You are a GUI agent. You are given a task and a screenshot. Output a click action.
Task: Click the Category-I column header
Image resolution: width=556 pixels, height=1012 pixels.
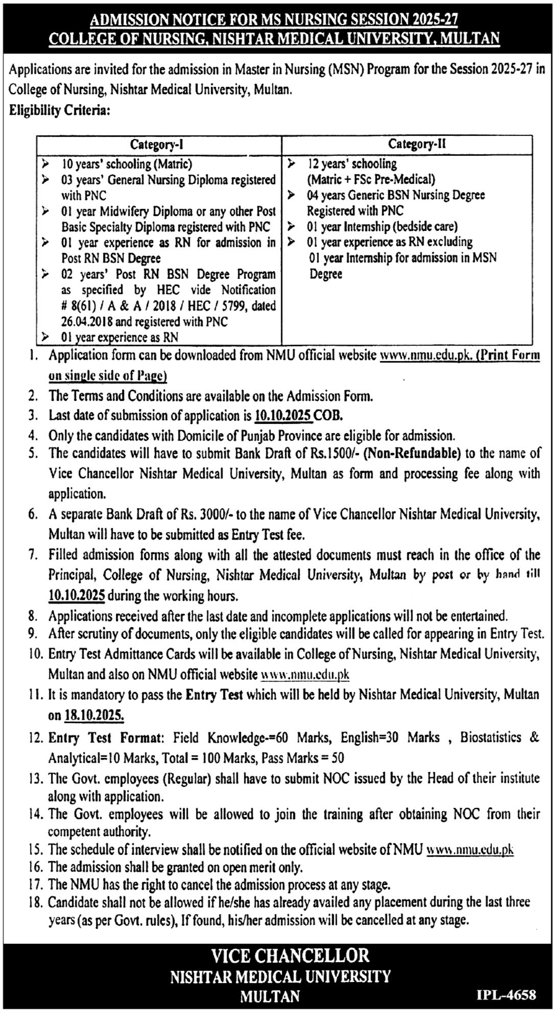tap(156, 145)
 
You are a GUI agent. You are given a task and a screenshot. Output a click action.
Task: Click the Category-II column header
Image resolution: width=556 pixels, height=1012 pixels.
tap(417, 144)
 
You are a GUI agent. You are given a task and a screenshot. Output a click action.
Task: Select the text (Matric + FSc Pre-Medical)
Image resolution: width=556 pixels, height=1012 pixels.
tap(371, 179)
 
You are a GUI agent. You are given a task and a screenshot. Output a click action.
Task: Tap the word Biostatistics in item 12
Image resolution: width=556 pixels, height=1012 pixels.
tap(490, 737)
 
